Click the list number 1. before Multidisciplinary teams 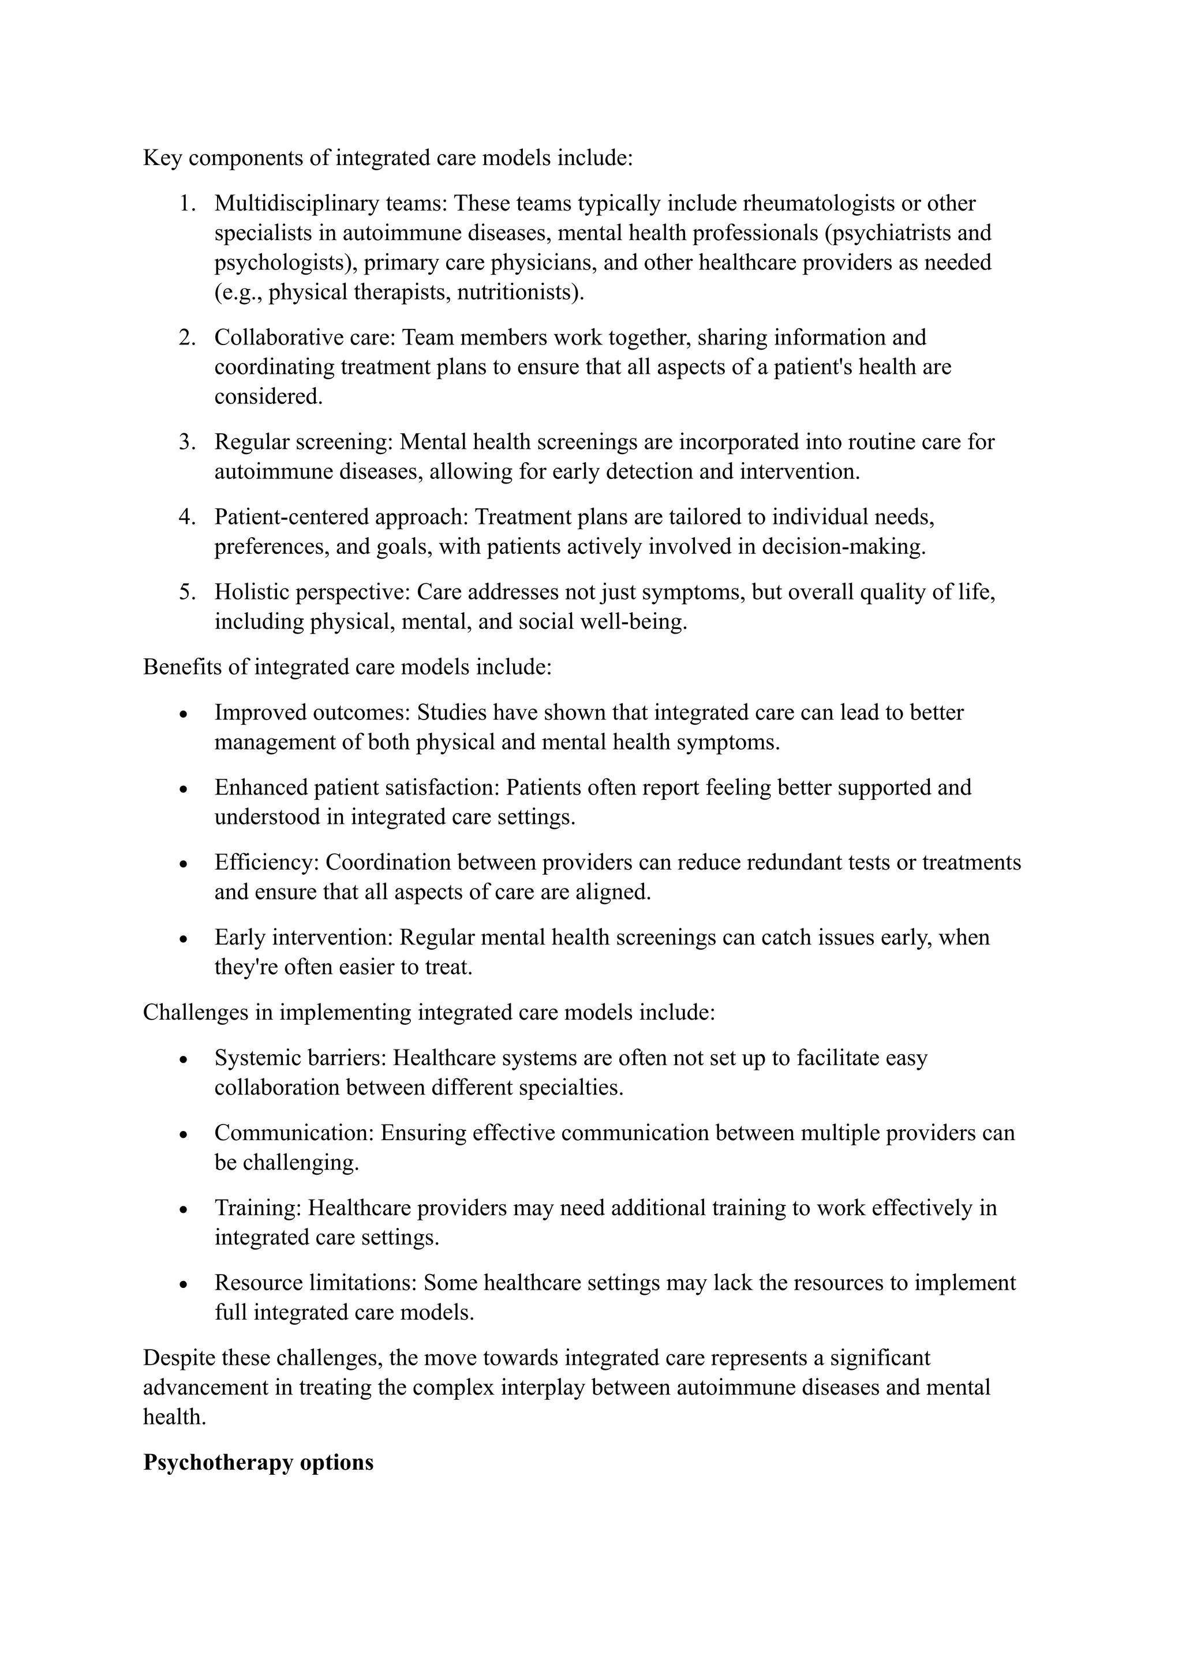point(187,203)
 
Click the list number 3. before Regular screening point(187,442)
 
